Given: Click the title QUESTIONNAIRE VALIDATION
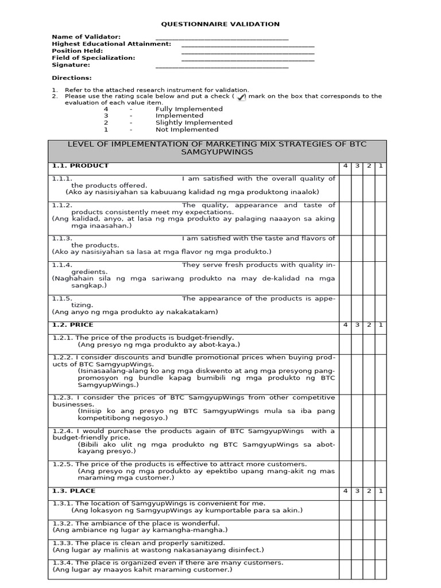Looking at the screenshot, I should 220,24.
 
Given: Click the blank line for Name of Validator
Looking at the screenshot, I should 222,38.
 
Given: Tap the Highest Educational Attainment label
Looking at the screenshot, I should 111,44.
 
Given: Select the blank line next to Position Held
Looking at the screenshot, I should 247,52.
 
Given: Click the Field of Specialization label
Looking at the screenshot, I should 94,58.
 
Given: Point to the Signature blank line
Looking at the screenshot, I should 222,67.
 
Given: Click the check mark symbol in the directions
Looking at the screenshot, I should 241,97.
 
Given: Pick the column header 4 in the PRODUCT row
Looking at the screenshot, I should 345,166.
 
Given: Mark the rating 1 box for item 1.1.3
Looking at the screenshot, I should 381,245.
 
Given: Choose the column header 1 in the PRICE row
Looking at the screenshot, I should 381,326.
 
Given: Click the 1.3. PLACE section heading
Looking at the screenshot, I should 73,491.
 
